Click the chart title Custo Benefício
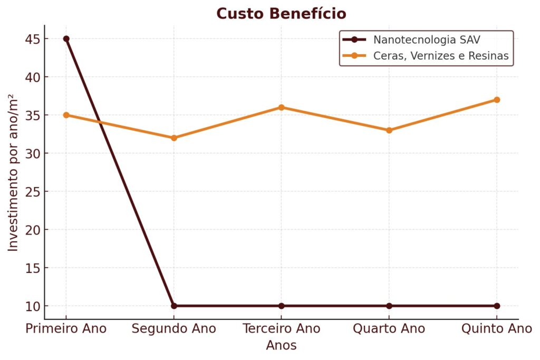281,13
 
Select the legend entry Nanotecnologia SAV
427,40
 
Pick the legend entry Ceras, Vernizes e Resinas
441,56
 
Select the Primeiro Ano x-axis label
66,329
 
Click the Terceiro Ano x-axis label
281,329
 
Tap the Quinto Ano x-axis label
497,329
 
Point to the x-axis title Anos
281,346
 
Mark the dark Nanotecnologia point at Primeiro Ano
66,39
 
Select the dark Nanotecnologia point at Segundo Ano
174,306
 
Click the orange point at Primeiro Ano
66,115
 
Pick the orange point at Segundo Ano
174,138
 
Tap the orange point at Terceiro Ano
281,108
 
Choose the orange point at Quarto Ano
389,130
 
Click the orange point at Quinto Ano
497,100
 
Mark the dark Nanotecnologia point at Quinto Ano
497,306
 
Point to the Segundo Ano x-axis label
174,329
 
